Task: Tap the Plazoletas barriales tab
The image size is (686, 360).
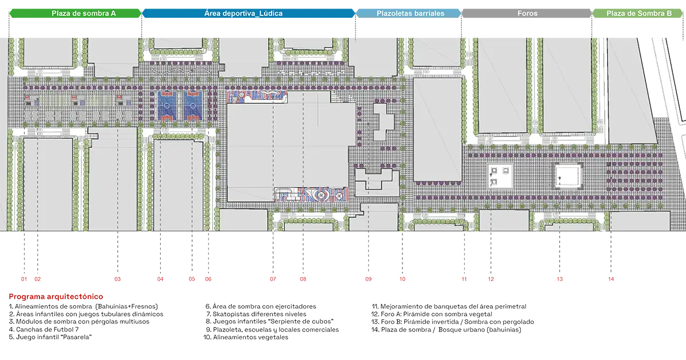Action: [x=410, y=13]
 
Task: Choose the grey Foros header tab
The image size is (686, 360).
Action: [x=526, y=13]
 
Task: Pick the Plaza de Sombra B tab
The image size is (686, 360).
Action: [x=639, y=13]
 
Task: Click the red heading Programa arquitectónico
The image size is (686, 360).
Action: [x=56, y=297]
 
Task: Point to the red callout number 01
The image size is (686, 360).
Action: [x=24, y=279]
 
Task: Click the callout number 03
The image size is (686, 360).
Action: [x=118, y=279]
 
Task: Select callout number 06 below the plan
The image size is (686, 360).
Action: [x=208, y=279]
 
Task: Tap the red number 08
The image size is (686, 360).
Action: [x=303, y=279]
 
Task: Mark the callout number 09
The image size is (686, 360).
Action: [x=369, y=279]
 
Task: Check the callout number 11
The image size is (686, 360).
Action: [x=464, y=279]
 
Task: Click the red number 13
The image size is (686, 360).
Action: [x=560, y=279]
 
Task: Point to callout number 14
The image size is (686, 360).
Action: [x=611, y=279]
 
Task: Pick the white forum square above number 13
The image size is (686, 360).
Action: [x=568, y=177]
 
